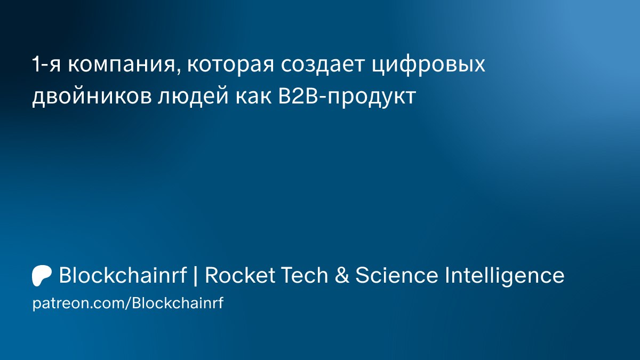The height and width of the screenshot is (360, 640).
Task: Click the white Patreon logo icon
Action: (x=42, y=276)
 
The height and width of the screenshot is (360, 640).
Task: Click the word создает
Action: (x=323, y=65)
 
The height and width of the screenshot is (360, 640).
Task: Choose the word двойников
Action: (x=92, y=96)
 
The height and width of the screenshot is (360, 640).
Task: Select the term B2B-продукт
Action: (x=347, y=97)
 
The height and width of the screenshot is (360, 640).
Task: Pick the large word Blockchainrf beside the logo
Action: (x=123, y=275)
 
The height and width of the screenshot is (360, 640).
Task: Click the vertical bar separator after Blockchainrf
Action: (x=196, y=276)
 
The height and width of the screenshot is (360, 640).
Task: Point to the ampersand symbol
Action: (x=342, y=275)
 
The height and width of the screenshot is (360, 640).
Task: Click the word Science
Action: (x=397, y=275)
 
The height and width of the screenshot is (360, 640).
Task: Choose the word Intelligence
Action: (x=505, y=276)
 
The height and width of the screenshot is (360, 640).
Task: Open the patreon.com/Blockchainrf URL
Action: (x=128, y=303)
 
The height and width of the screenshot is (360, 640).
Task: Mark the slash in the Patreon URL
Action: (x=128, y=303)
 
